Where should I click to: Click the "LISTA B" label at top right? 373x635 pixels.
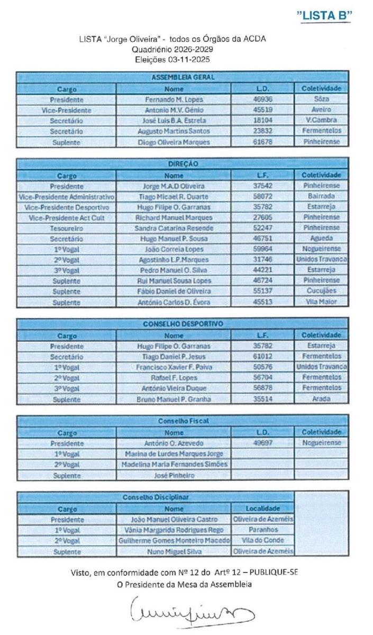pos(325,16)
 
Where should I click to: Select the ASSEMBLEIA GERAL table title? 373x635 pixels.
pos(183,78)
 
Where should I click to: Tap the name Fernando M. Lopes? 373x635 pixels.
pos(174,99)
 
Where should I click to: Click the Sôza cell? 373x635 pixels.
pos(321,99)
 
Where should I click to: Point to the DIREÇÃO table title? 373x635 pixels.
pos(183,164)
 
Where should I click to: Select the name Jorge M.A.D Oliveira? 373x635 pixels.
pos(174,186)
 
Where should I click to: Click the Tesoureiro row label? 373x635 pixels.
pos(67,228)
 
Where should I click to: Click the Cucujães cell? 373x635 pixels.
pos(321,291)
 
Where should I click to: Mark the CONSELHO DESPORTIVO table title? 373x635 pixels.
pos(183,324)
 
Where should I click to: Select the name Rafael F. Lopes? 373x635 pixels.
pos(174,377)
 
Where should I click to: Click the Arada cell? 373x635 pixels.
pos(321,398)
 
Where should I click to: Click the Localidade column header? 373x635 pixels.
pos(263,509)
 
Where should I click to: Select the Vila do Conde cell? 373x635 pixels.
pos(263,540)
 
